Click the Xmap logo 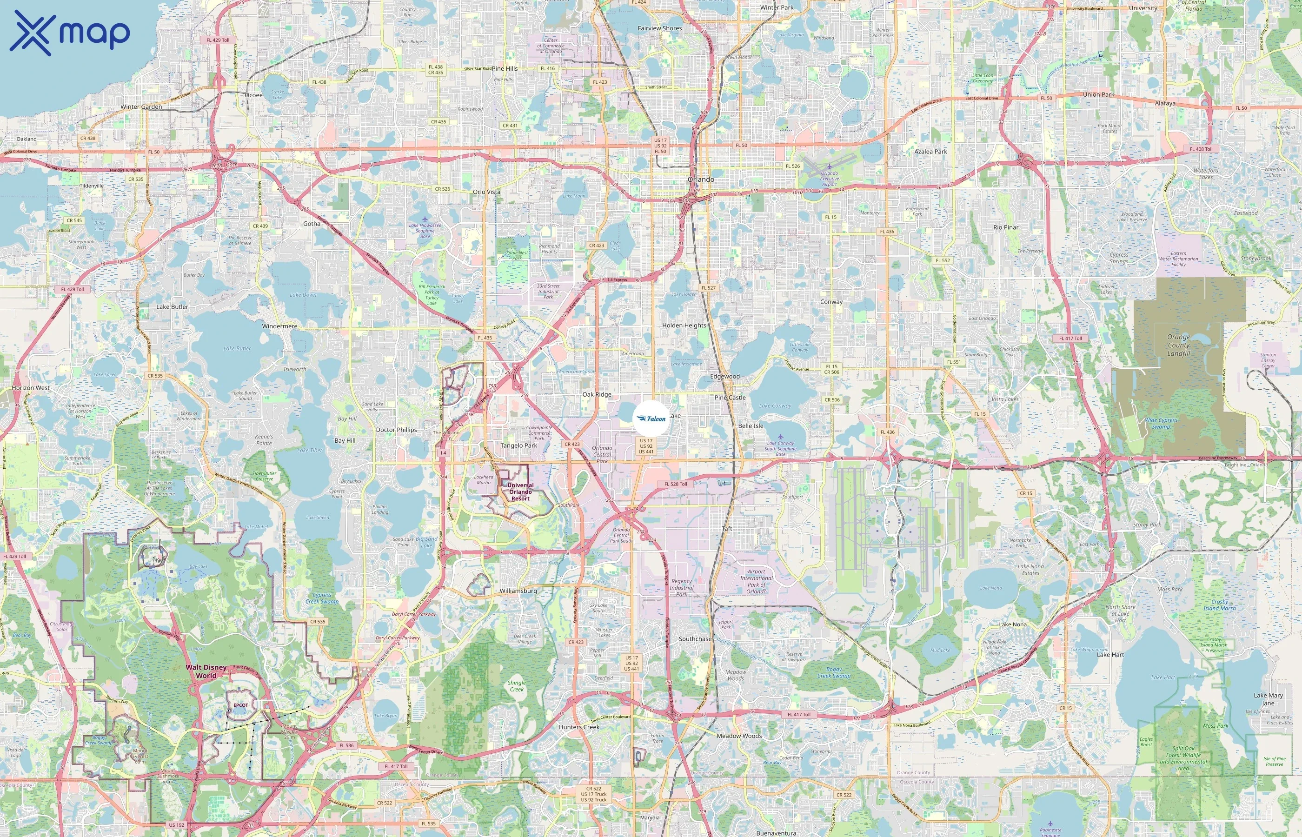(x=70, y=33)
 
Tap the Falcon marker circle (x=651, y=418)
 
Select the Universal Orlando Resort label (x=520, y=492)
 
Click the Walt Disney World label (x=206, y=671)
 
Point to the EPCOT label (x=240, y=705)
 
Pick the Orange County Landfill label (x=1178, y=345)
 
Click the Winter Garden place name (x=141, y=107)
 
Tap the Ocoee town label (x=253, y=95)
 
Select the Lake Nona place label (x=1012, y=624)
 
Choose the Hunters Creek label (x=579, y=727)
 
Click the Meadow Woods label (x=738, y=736)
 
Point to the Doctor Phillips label (x=396, y=430)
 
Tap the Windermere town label (x=279, y=326)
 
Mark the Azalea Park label (x=930, y=152)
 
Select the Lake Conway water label (x=775, y=405)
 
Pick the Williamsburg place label (x=518, y=591)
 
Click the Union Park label (x=1098, y=94)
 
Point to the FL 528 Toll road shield (x=676, y=484)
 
